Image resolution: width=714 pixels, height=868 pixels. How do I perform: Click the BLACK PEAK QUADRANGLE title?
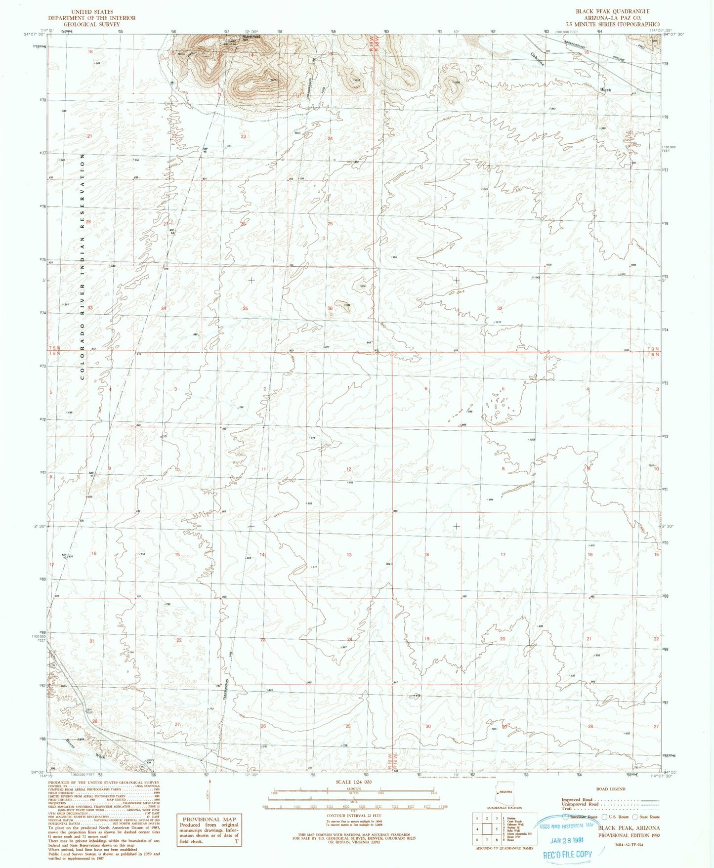[x=612, y=11]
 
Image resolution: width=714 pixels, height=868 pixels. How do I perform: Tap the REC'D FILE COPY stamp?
[x=567, y=854]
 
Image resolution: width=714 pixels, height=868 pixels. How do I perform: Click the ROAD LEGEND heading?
[x=610, y=789]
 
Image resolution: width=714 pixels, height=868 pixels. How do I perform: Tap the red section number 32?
[x=500, y=308]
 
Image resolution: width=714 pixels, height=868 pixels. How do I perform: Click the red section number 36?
[x=330, y=308]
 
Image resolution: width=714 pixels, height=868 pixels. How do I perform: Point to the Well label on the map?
[x=297, y=132]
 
